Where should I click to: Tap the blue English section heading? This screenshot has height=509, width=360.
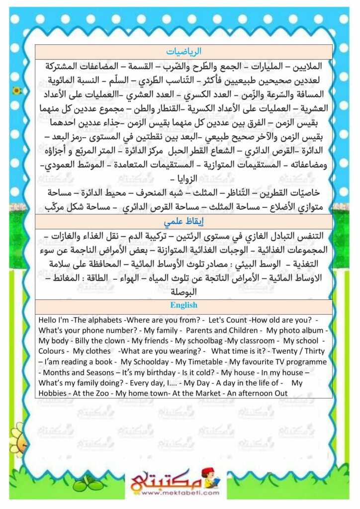pyautogui.click(x=183, y=305)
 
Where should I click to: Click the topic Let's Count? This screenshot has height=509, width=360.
pyautogui.click(x=228, y=320)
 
